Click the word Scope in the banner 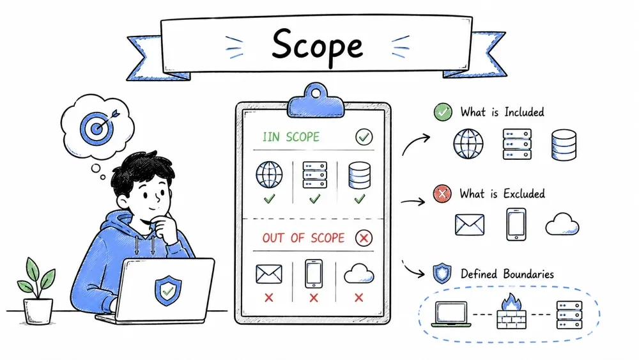click(317, 46)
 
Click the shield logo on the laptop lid click(168, 290)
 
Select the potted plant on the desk click(36, 291)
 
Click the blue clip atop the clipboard click(316, 100)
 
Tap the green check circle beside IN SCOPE click(364, 137)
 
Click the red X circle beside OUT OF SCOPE click(364, 238)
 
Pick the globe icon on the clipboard click(269, 175)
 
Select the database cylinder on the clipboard click(359, 175)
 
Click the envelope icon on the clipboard click(268, 274)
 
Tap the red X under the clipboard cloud click(358, 297)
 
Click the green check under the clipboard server click(314, 199)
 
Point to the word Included click(524, 112)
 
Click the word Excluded click(524, 194)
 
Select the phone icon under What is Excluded click(516, 224)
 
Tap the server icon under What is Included click(517, 144)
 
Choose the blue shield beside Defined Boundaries click(442, 273)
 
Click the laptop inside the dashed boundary click(451, 314)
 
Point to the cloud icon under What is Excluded click(562, 224)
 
